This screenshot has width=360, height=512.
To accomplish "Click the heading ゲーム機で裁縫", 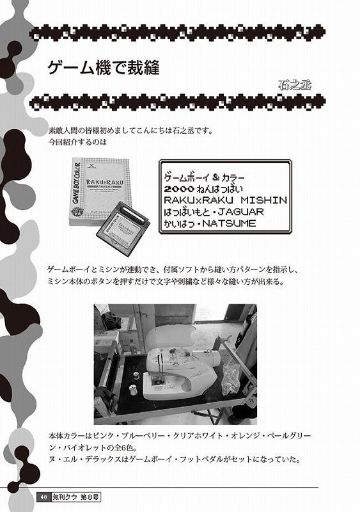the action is point(104,68).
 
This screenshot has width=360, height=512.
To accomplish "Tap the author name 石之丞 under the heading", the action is point(295,85).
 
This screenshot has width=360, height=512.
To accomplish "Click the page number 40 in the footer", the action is point(42,497).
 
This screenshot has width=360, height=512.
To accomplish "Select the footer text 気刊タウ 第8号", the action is point(75,497).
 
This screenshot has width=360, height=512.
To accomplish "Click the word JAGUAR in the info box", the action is point(241,212).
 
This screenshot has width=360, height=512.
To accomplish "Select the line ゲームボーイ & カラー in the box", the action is point(205,178).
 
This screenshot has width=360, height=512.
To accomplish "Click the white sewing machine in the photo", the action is point(179,371).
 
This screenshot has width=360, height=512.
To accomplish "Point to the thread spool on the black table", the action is point(132,390).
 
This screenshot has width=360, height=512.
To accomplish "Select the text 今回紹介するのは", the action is point(77,142).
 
